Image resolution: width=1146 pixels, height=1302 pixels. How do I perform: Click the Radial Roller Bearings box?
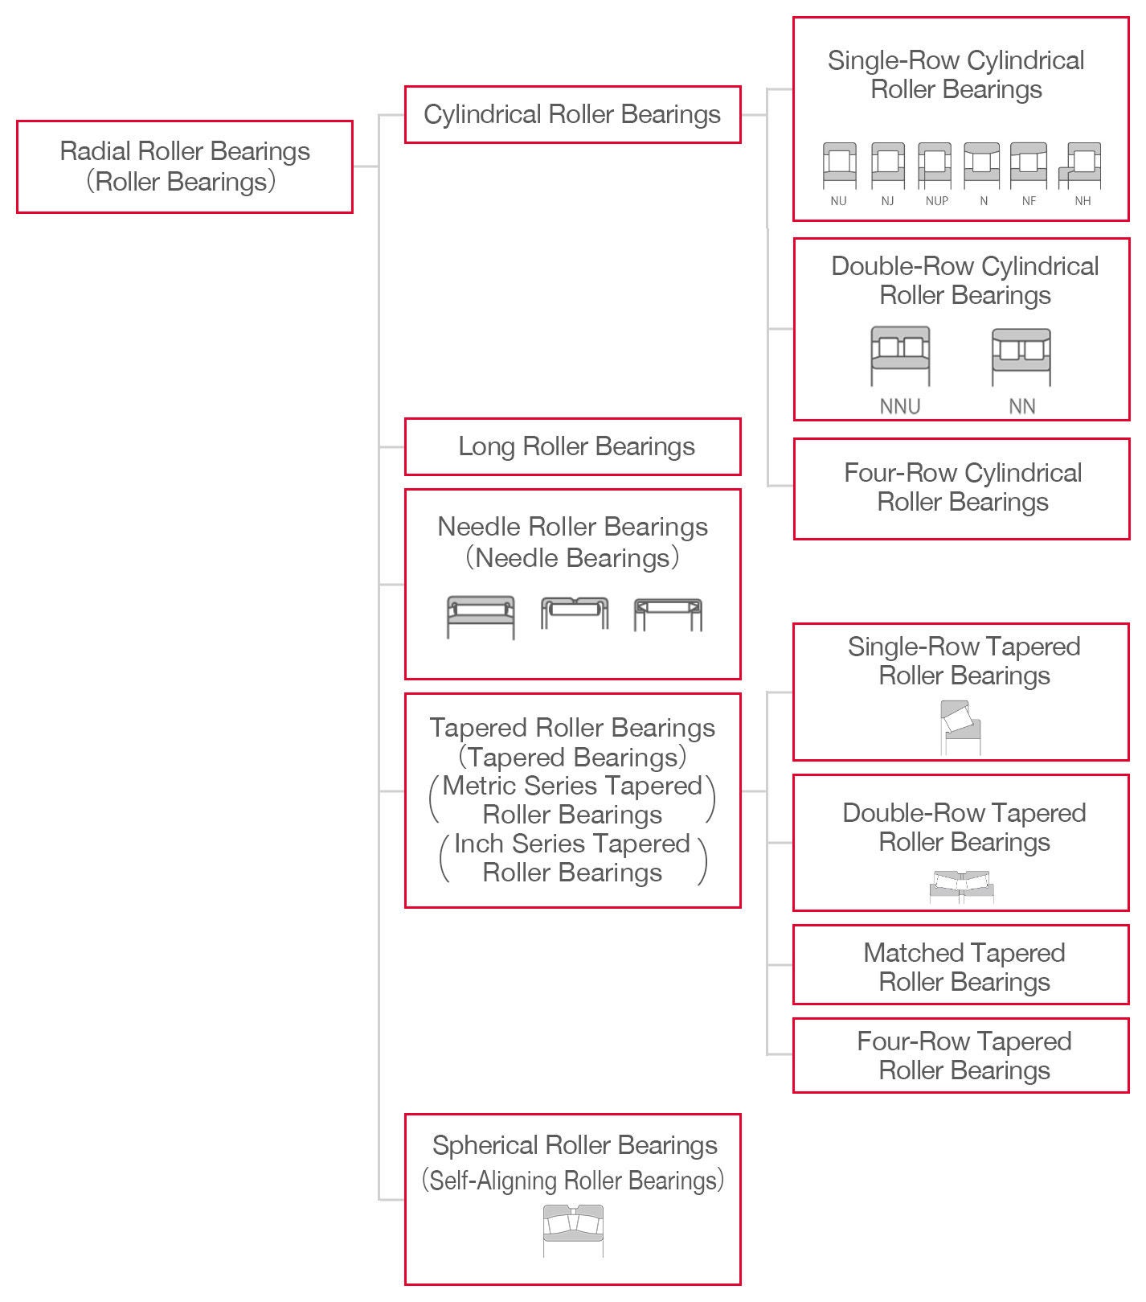[x=184, y=166]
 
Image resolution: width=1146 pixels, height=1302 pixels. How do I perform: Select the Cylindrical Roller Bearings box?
[x=571, y=115]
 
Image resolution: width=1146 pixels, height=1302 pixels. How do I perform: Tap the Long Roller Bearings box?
[x=571, y=446]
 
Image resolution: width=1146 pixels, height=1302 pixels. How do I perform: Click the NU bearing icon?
[x=839, y=166]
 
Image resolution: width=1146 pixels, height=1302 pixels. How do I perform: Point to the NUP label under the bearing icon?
[x=936, y=201]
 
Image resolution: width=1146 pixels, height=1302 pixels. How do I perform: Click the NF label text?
[x=1029, y=201]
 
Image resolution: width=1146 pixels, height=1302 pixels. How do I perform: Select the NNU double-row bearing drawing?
[x=900, y=355]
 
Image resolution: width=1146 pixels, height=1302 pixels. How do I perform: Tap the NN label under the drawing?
[x=1021, y=406]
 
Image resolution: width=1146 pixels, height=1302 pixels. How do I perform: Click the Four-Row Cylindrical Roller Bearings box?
[x=961, y=488]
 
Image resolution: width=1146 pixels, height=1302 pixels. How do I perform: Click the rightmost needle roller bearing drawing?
[x=667, y=615]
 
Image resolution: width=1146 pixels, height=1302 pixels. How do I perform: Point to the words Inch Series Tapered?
[x=571, y=844]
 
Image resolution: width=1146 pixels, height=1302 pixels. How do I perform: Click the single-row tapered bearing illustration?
[x=960, y=727]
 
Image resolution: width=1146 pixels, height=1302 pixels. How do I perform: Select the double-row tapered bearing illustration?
[x=962, y=887]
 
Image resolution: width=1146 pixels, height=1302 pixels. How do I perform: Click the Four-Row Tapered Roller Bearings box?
[x=961, y=1055]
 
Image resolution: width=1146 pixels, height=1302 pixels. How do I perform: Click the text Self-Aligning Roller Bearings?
[x=572, y=1181]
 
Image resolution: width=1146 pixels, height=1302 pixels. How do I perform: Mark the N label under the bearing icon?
[x=983, y=201]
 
